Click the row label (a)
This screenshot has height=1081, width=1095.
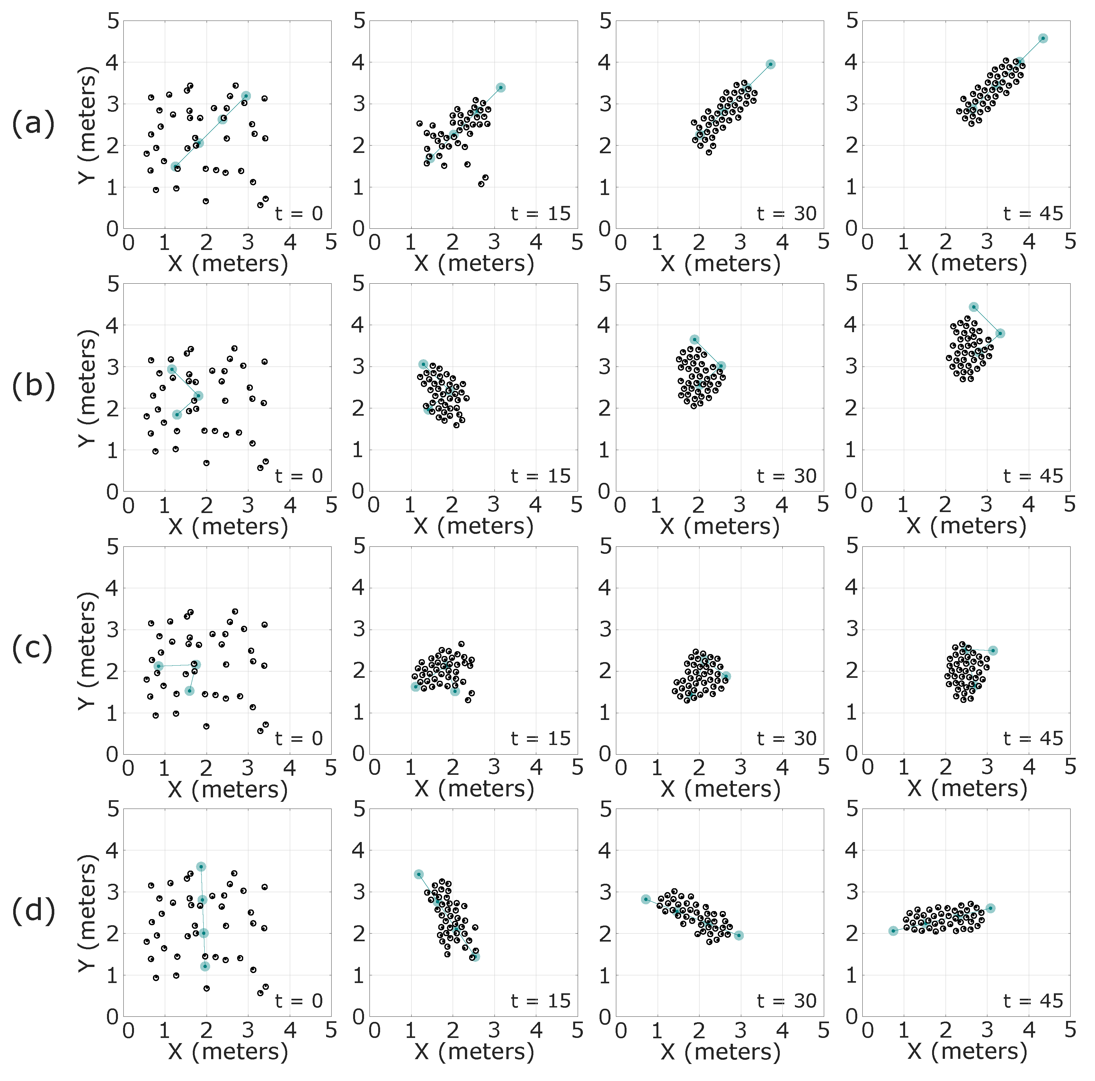[33, 123]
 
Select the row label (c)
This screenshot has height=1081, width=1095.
[33, 649]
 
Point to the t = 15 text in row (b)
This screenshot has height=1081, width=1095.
[540, 476]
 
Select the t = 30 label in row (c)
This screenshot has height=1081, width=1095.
[787, 738]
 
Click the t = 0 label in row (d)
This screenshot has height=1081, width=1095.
[299, 1001]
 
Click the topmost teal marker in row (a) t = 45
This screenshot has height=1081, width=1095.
[1043, 39]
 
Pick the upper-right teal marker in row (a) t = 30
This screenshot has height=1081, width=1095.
[770, 64]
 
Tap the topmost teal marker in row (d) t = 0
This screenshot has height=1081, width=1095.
[200, 867]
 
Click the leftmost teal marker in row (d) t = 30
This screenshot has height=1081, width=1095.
[645, 899]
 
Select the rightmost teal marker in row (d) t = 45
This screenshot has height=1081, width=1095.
[990, 908]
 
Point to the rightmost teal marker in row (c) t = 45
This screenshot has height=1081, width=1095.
[993, 651]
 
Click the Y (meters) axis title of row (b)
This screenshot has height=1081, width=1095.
[88, 387]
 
